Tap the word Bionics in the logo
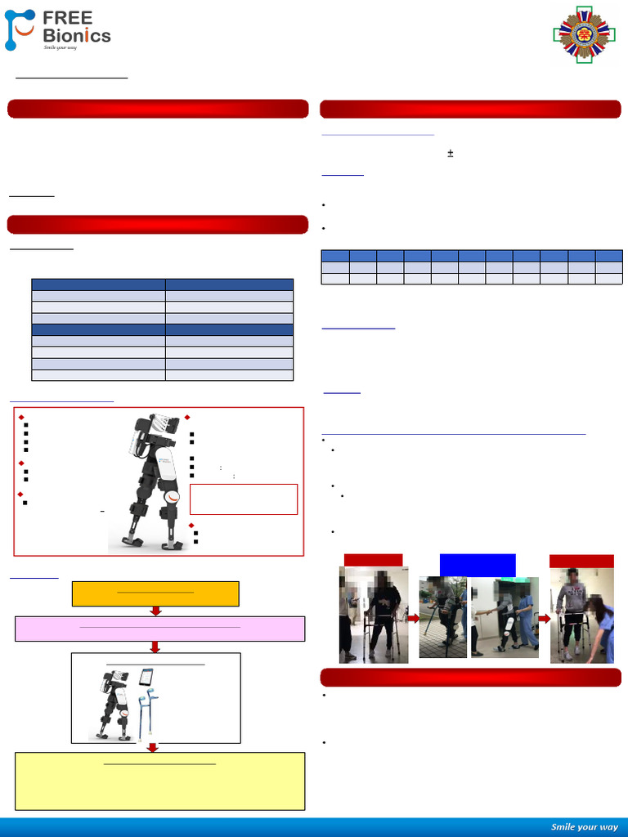pos(76,35)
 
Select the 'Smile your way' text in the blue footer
pos(584,826)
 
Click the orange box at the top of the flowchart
pos(155,594)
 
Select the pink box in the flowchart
pos(159,629)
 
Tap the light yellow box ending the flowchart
pos(159,781)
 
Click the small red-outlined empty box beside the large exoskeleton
pos(243,499)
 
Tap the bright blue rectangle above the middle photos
pos(478,565)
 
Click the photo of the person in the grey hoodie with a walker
pos(581,615)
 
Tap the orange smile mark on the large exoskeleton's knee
pos(173,499)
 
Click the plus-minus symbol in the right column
pos(450,153)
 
